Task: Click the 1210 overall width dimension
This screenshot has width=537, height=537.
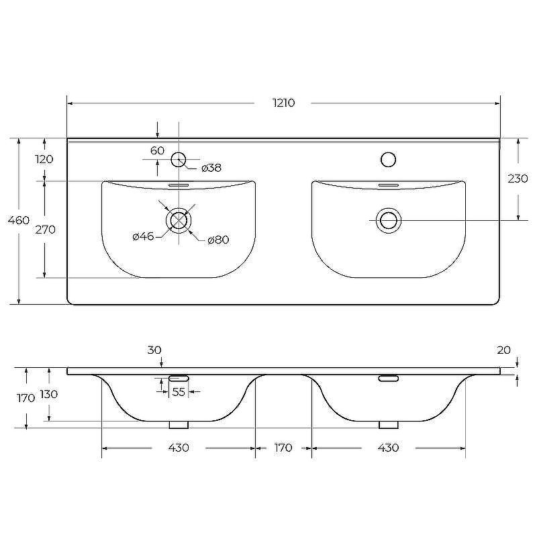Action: (283, 103)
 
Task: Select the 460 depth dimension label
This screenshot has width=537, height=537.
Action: (19, 220)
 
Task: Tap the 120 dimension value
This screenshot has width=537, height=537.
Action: (44, 159)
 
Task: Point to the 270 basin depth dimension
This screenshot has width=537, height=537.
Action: (45, 230)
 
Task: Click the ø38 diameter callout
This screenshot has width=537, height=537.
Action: (211, 168)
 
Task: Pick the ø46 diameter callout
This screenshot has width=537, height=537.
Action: (143, 236)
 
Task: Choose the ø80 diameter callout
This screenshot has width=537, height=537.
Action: (218, 240)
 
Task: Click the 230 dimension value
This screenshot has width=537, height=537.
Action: (518, 179)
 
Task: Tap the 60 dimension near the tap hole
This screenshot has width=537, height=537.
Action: (157, 150)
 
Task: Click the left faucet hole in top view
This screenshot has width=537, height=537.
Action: (178, 160)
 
